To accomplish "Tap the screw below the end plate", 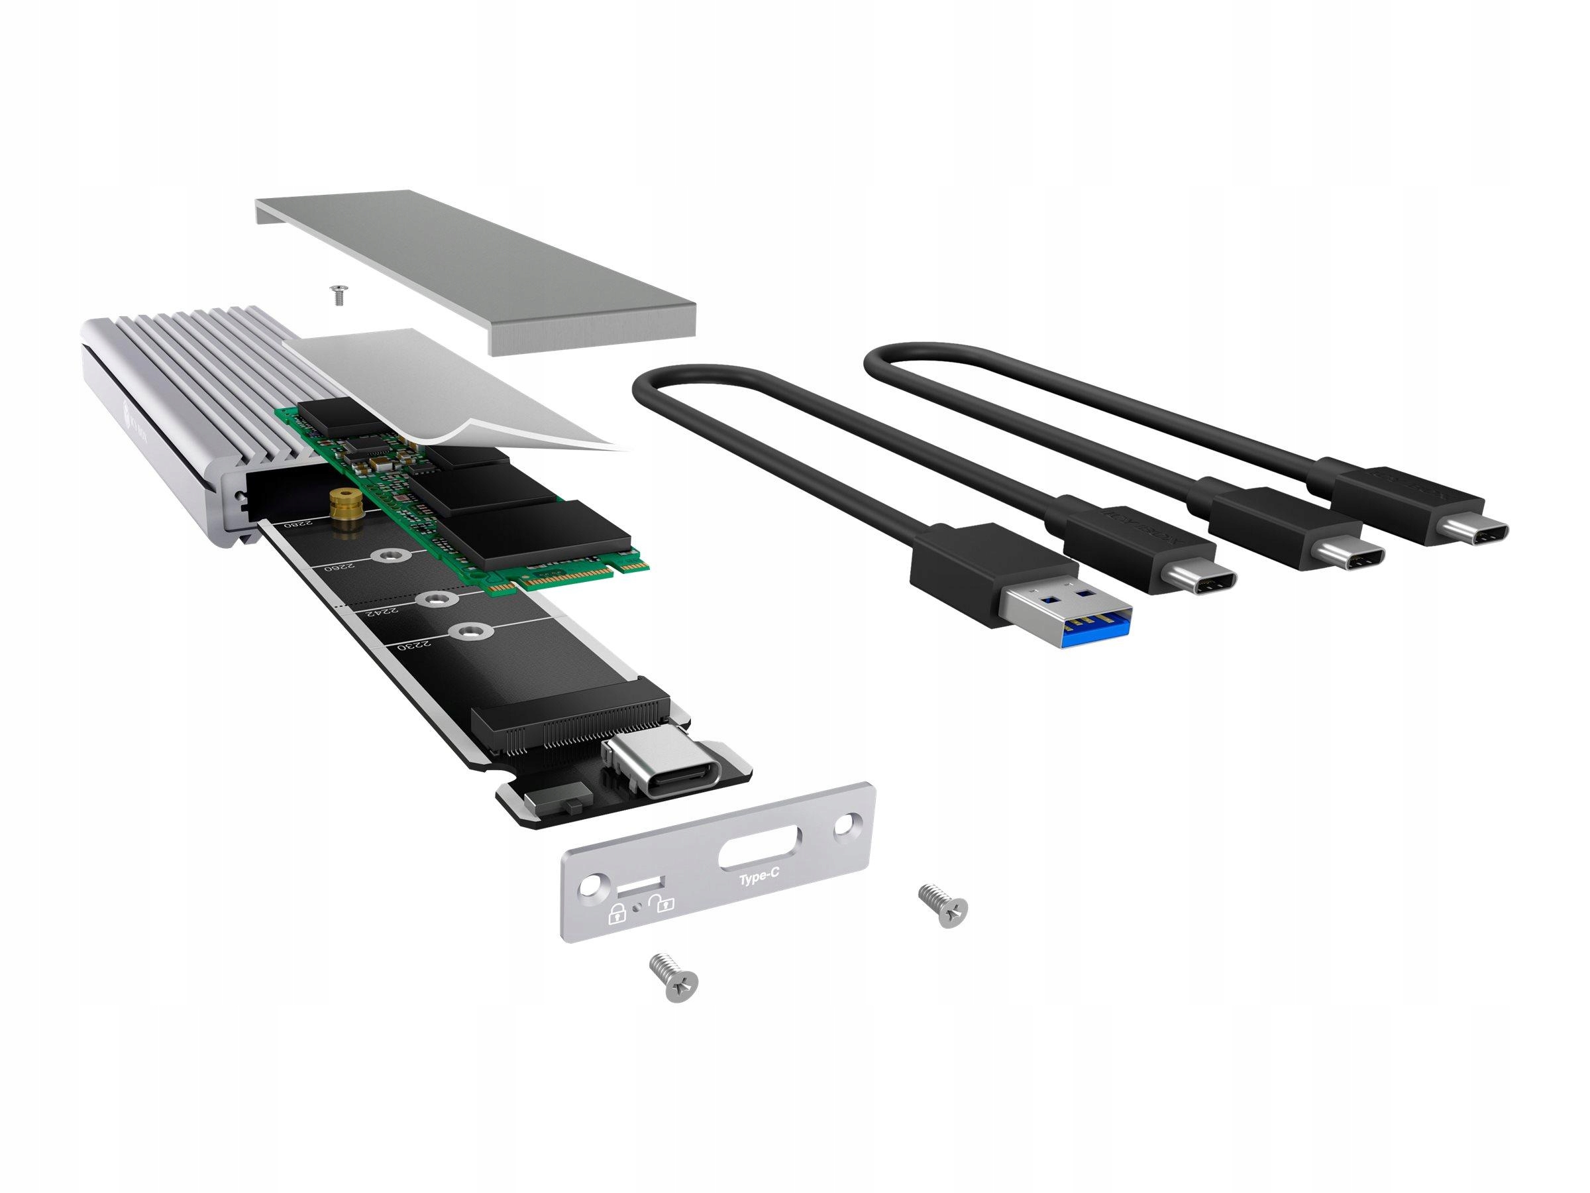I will [x=674, y=976].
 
